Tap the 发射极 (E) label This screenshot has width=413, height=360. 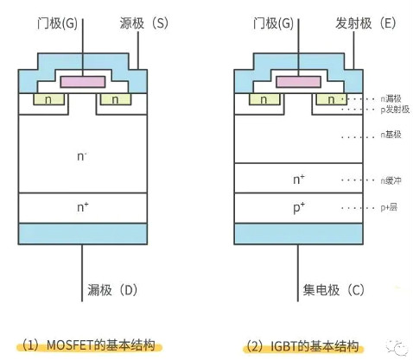point(364,23)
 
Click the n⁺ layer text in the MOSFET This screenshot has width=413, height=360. point(82,207)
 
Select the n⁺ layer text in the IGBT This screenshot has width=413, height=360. point(298,180)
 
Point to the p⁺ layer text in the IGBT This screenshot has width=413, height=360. point(298,208)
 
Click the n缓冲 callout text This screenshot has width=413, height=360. point(391,180)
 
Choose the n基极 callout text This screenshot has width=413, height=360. point(391,136)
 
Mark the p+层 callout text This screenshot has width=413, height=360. point(391,209)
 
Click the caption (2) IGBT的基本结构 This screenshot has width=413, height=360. point(301,345)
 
